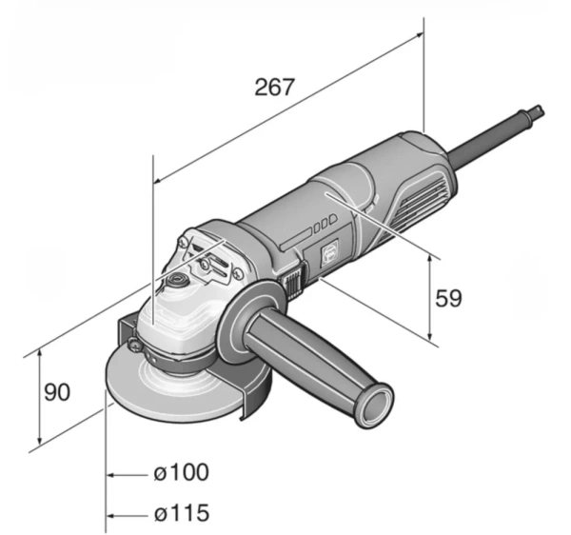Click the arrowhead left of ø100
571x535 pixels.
(x=111, y=473)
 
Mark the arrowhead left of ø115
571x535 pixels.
(x=111, y=515)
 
